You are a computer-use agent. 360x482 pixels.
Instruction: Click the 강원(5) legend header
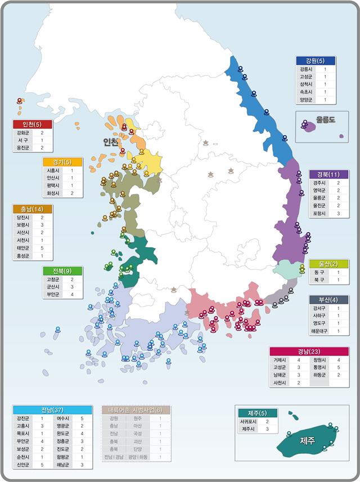(316, 61)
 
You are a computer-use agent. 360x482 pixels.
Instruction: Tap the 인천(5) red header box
(32, 124)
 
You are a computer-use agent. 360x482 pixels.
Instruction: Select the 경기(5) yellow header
(63, 162)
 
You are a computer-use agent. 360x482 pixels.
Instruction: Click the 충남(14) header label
(32, 209)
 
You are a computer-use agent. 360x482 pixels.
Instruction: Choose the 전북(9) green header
(63, 271)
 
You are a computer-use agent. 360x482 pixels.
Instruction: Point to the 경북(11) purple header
(328, 174)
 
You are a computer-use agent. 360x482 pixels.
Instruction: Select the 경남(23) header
(309, 351)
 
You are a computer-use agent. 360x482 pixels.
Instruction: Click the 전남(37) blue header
(52, 409)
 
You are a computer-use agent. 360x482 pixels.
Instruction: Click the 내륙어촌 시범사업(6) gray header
(136, 409)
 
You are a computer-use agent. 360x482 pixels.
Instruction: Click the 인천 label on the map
(111, 141)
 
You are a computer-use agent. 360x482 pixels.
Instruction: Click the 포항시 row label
(318, 214)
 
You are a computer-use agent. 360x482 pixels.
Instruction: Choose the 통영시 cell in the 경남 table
(318, 368)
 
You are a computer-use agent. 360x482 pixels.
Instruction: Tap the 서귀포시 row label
(249, 421)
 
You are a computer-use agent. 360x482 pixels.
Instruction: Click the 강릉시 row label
(306, 69)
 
